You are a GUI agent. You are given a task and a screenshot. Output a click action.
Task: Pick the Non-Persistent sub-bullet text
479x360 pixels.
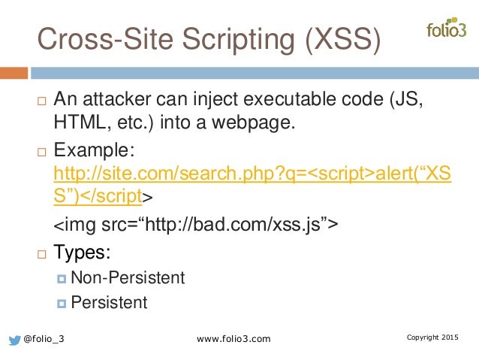[x=128, y=277]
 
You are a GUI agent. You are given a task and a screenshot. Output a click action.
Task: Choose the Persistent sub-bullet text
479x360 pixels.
[x=109, y=302]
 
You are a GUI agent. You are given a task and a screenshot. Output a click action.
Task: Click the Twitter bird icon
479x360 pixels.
[x=14, y=340]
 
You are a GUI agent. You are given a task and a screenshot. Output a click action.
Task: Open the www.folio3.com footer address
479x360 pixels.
[x=233, y=340]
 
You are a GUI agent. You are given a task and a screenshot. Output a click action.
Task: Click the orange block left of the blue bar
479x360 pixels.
[x=14, y=73]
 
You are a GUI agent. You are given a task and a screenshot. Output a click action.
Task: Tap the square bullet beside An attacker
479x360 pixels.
[x=41, y=101]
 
